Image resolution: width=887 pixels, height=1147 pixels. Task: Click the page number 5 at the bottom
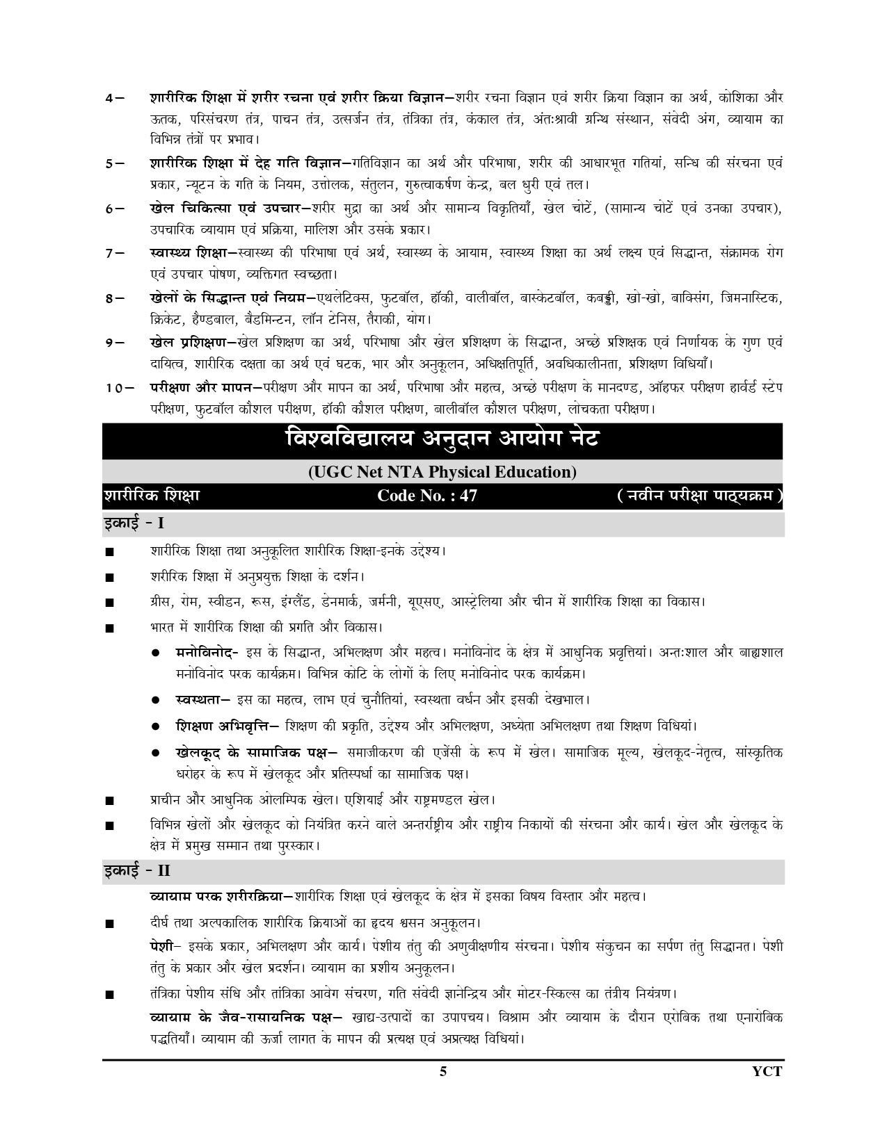[x=443, y=1071]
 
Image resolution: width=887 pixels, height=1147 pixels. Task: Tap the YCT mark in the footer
[x=767, y=1071]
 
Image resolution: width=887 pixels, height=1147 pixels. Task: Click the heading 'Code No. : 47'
[x=427, y=496]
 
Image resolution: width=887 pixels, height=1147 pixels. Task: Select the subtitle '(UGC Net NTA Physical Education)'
[x=442, y=472]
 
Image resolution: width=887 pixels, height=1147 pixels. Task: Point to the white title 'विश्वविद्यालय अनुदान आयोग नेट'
[x=442, y=440]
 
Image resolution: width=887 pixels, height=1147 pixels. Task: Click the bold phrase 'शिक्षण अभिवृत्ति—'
[x=227, y=726]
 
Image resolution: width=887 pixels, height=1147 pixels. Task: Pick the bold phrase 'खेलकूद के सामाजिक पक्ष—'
[x=257, y=753]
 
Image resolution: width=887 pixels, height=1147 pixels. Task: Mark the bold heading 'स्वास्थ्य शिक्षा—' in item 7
[x=193, y=252]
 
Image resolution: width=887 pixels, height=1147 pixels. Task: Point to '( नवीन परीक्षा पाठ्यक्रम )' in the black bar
[x=699, y=496]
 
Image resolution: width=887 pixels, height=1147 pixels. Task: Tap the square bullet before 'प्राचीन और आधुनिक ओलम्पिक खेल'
[x=109, y=801]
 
